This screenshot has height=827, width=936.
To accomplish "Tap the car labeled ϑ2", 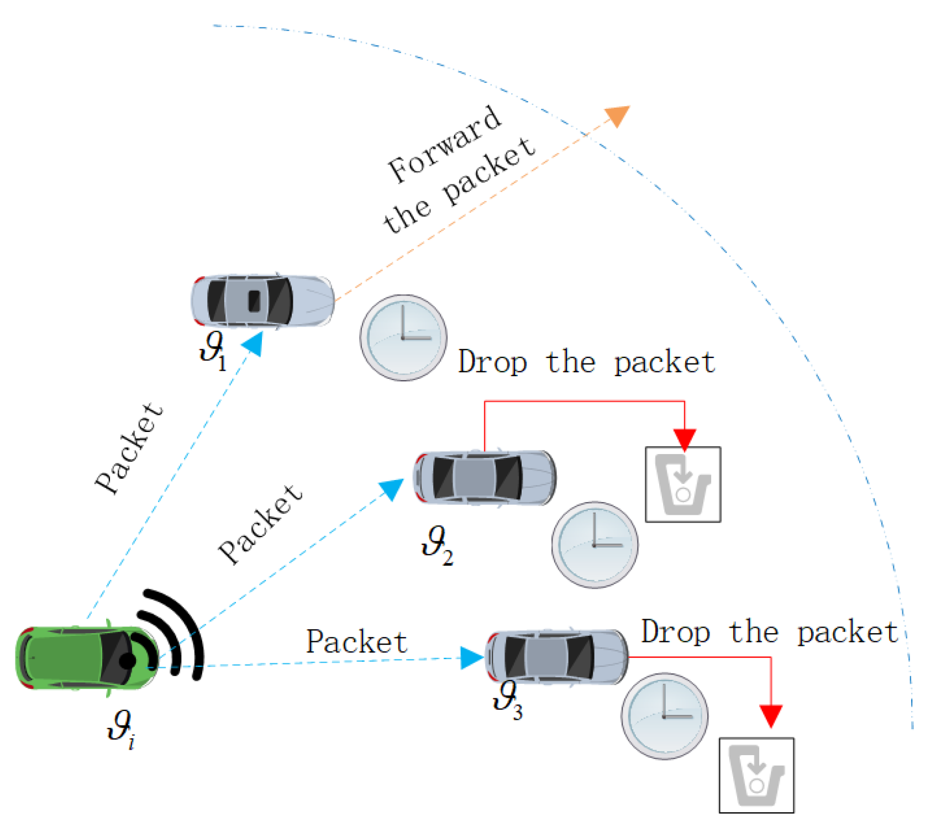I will pos(485,477).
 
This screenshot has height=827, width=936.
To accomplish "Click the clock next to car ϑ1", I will pos(403,338).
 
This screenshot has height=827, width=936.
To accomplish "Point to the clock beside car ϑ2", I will pos(595,545).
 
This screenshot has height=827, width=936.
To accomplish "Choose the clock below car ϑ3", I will pos(664,716).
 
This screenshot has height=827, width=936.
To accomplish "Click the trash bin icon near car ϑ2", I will pos(683,484).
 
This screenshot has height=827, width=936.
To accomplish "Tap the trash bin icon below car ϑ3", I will pos(756,775).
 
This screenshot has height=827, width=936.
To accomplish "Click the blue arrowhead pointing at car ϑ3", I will pos(472,658).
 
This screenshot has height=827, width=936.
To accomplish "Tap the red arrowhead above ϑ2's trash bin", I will pos(685,439).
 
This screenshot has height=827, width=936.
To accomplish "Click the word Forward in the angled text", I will pos(445,145).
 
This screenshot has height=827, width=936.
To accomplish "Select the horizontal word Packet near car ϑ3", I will pos(357,642).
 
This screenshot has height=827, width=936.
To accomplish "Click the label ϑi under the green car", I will pos(120,730).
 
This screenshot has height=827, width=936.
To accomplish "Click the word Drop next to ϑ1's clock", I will pos(492,363).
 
